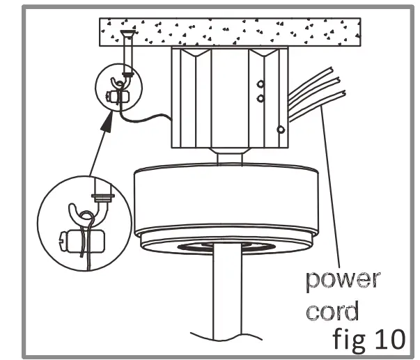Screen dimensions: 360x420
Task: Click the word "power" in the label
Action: pyautogui.click(x=341, y=281)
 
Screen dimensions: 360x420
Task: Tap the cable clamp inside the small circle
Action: pyautogui.click(x=116, y=95)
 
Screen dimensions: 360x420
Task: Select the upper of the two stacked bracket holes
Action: pyautogui.click(x=260, y=85)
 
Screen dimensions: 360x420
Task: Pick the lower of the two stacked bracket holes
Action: pyautogui.click(x=260, y=98)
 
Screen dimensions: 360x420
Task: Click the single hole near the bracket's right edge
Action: pyautogui.click(x=280, y=130)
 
